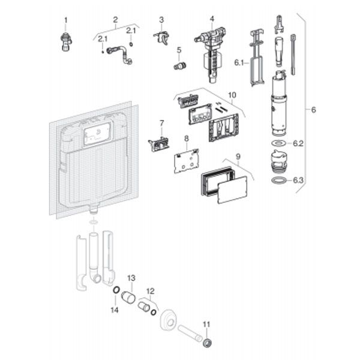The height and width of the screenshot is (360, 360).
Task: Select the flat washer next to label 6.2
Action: pos(278,144)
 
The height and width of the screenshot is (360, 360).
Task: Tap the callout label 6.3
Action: pos(298,180)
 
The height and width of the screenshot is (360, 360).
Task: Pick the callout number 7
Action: pos(161,124)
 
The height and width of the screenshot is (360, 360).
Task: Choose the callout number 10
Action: pos(232,95)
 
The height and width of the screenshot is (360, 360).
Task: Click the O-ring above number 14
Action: pos(114,292)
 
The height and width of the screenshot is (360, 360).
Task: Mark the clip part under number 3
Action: pos(160,37)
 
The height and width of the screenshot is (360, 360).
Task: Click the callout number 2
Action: pos(115,20)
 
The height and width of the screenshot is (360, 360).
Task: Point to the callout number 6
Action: pos(314,110)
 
